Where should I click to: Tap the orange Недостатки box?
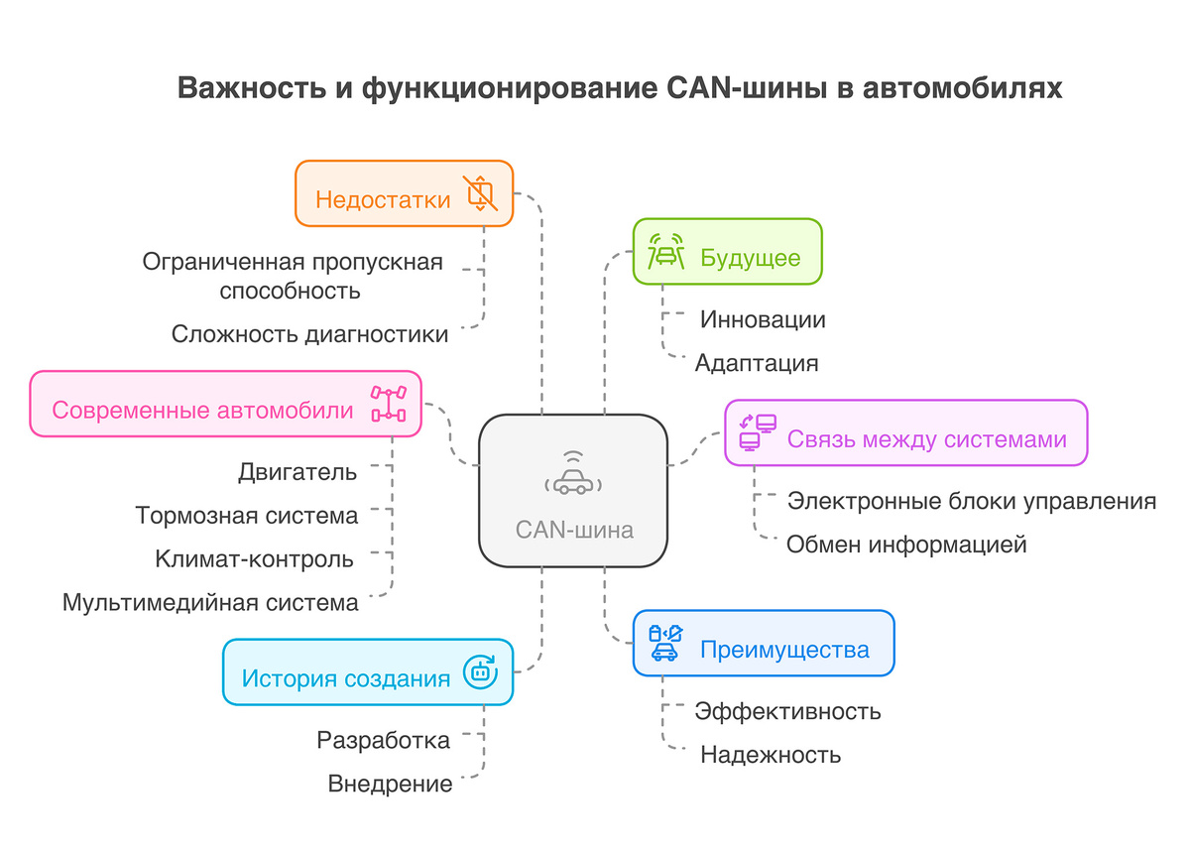point(404,193)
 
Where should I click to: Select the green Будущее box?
point(728,252)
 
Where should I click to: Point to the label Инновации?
point(763,319)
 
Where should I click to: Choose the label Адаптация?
point(757,362)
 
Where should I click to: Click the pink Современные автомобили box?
point(226,404)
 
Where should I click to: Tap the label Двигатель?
point(297,471)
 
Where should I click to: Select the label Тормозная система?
point(247,515)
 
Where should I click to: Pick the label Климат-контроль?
point(254,558)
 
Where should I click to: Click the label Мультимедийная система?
point(210,602)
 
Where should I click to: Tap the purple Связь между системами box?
point(906,432)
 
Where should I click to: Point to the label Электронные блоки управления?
point(971,500)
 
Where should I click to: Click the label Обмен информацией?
point(906,544)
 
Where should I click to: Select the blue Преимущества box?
point(764,644)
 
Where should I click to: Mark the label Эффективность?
point(787,710)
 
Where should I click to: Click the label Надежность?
point(771,754)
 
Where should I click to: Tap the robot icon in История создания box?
point(481,672)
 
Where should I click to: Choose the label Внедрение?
point(390,784)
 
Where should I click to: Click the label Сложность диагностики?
point(309,333)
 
